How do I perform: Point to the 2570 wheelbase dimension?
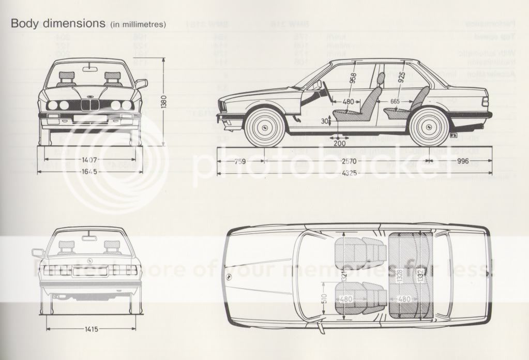[x=348, y=161]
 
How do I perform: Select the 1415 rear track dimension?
[x=91, y=329]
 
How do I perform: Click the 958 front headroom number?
[x=352, y=78]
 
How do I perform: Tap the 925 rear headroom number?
[x=401, y=77]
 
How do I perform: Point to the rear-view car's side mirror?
[x=37, y=252]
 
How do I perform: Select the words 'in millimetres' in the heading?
[x=138, y=25]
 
